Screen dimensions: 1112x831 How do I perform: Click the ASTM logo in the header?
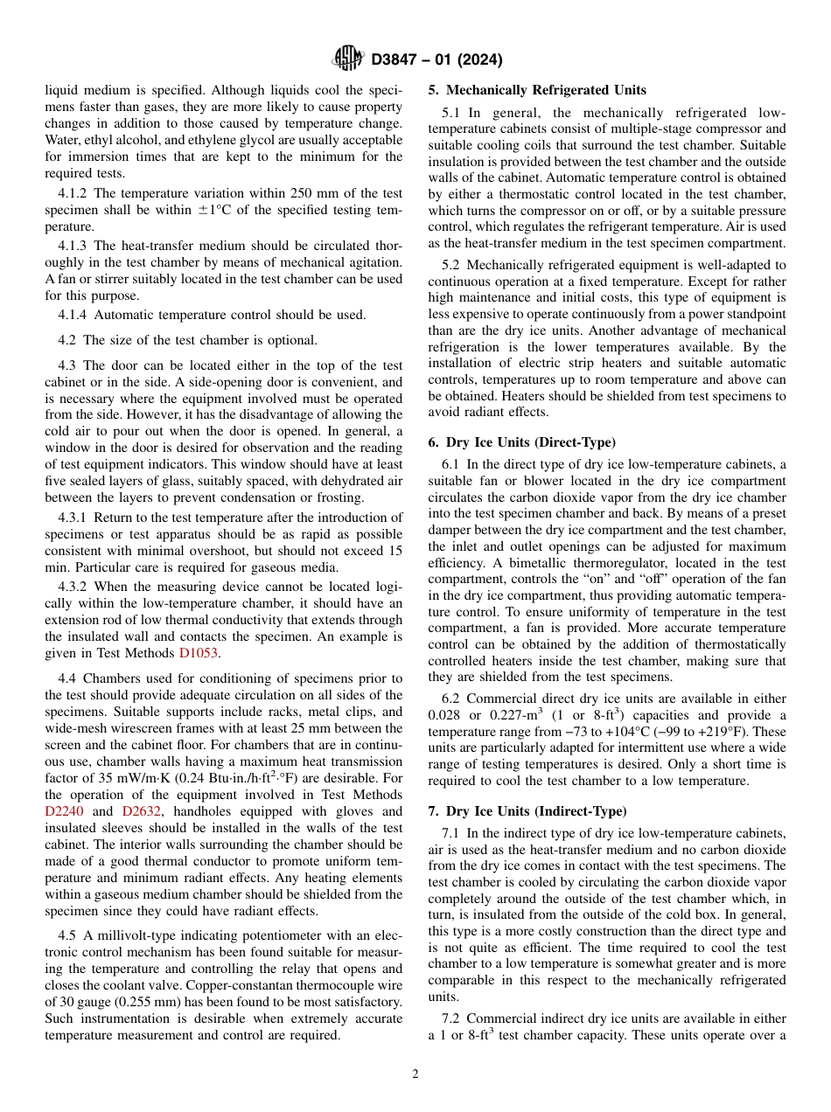click(x=349, y=59)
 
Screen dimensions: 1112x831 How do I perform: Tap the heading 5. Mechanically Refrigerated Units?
click(x=537, y=90)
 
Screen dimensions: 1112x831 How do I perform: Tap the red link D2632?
click(x=140, y=810)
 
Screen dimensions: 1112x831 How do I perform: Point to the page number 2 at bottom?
click(x=415, y=1074)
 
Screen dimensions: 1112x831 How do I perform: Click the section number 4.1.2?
click(x=73, y=193)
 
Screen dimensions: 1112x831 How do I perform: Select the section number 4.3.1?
click(x=73, y=518)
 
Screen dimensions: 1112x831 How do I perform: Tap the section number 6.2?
click(x=451, y=698)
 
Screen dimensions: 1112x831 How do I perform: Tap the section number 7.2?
click(x=451, y=1018)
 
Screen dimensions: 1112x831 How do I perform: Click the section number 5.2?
click(x=451, y=265)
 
